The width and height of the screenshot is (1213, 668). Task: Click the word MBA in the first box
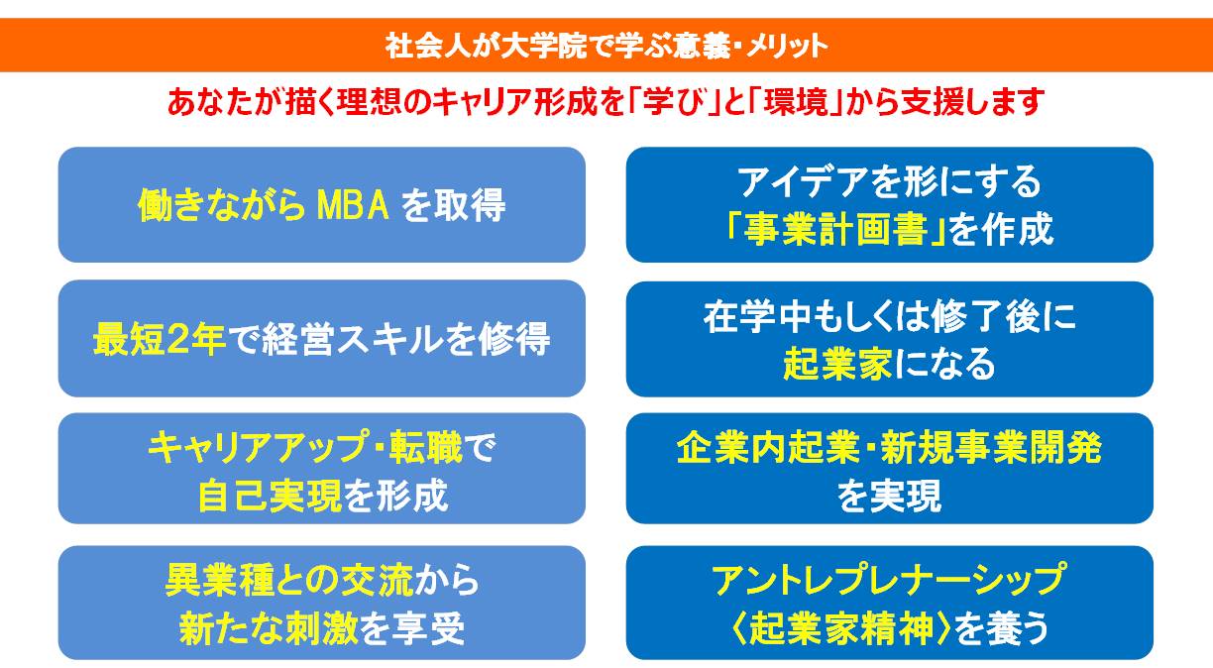353,205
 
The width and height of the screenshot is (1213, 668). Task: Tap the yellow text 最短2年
160,339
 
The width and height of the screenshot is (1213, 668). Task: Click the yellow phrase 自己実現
270,496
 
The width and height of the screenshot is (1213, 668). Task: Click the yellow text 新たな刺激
269,628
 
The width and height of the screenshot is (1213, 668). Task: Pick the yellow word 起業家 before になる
837,363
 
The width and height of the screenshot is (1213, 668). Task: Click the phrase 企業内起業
768,448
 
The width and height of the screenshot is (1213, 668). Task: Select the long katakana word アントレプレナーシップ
889,580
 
